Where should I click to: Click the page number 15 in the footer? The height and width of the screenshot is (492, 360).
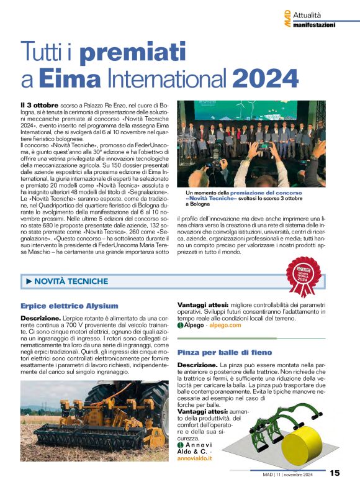335,473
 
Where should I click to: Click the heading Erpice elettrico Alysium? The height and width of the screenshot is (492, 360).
69,306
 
